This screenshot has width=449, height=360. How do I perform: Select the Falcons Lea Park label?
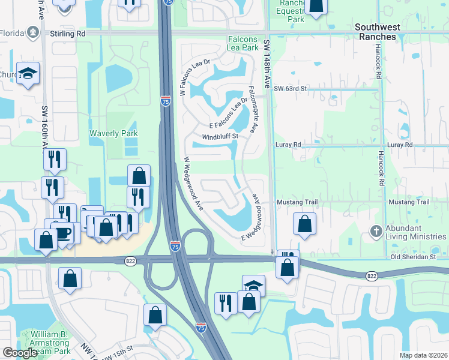pyautogui.click(x=243, y=43)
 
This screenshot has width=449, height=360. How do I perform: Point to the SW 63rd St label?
pyautogui.click(x=291, y=89)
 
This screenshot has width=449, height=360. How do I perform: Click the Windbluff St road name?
pyautogui.click(x=220, y=136)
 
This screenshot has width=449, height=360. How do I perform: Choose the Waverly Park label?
pyautogui.click(x=113, y=133)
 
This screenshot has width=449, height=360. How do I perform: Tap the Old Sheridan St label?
pyautogui.click(x=412, y=257)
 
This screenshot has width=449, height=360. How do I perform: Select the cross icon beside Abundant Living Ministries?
pyautogui.click(x=375, y=231)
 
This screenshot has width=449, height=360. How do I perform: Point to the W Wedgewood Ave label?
pyautogui.click(x=194, y=184)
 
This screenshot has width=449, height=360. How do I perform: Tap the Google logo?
pyautogui.click(x=20, y=353)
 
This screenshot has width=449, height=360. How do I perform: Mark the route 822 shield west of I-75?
pyautogui.click(x=131, y=261)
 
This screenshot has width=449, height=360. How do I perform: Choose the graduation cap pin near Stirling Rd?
pyautogui.click(x=28, y=73)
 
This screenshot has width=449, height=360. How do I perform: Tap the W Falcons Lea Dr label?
pyautogui.click(x=195, y=78)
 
